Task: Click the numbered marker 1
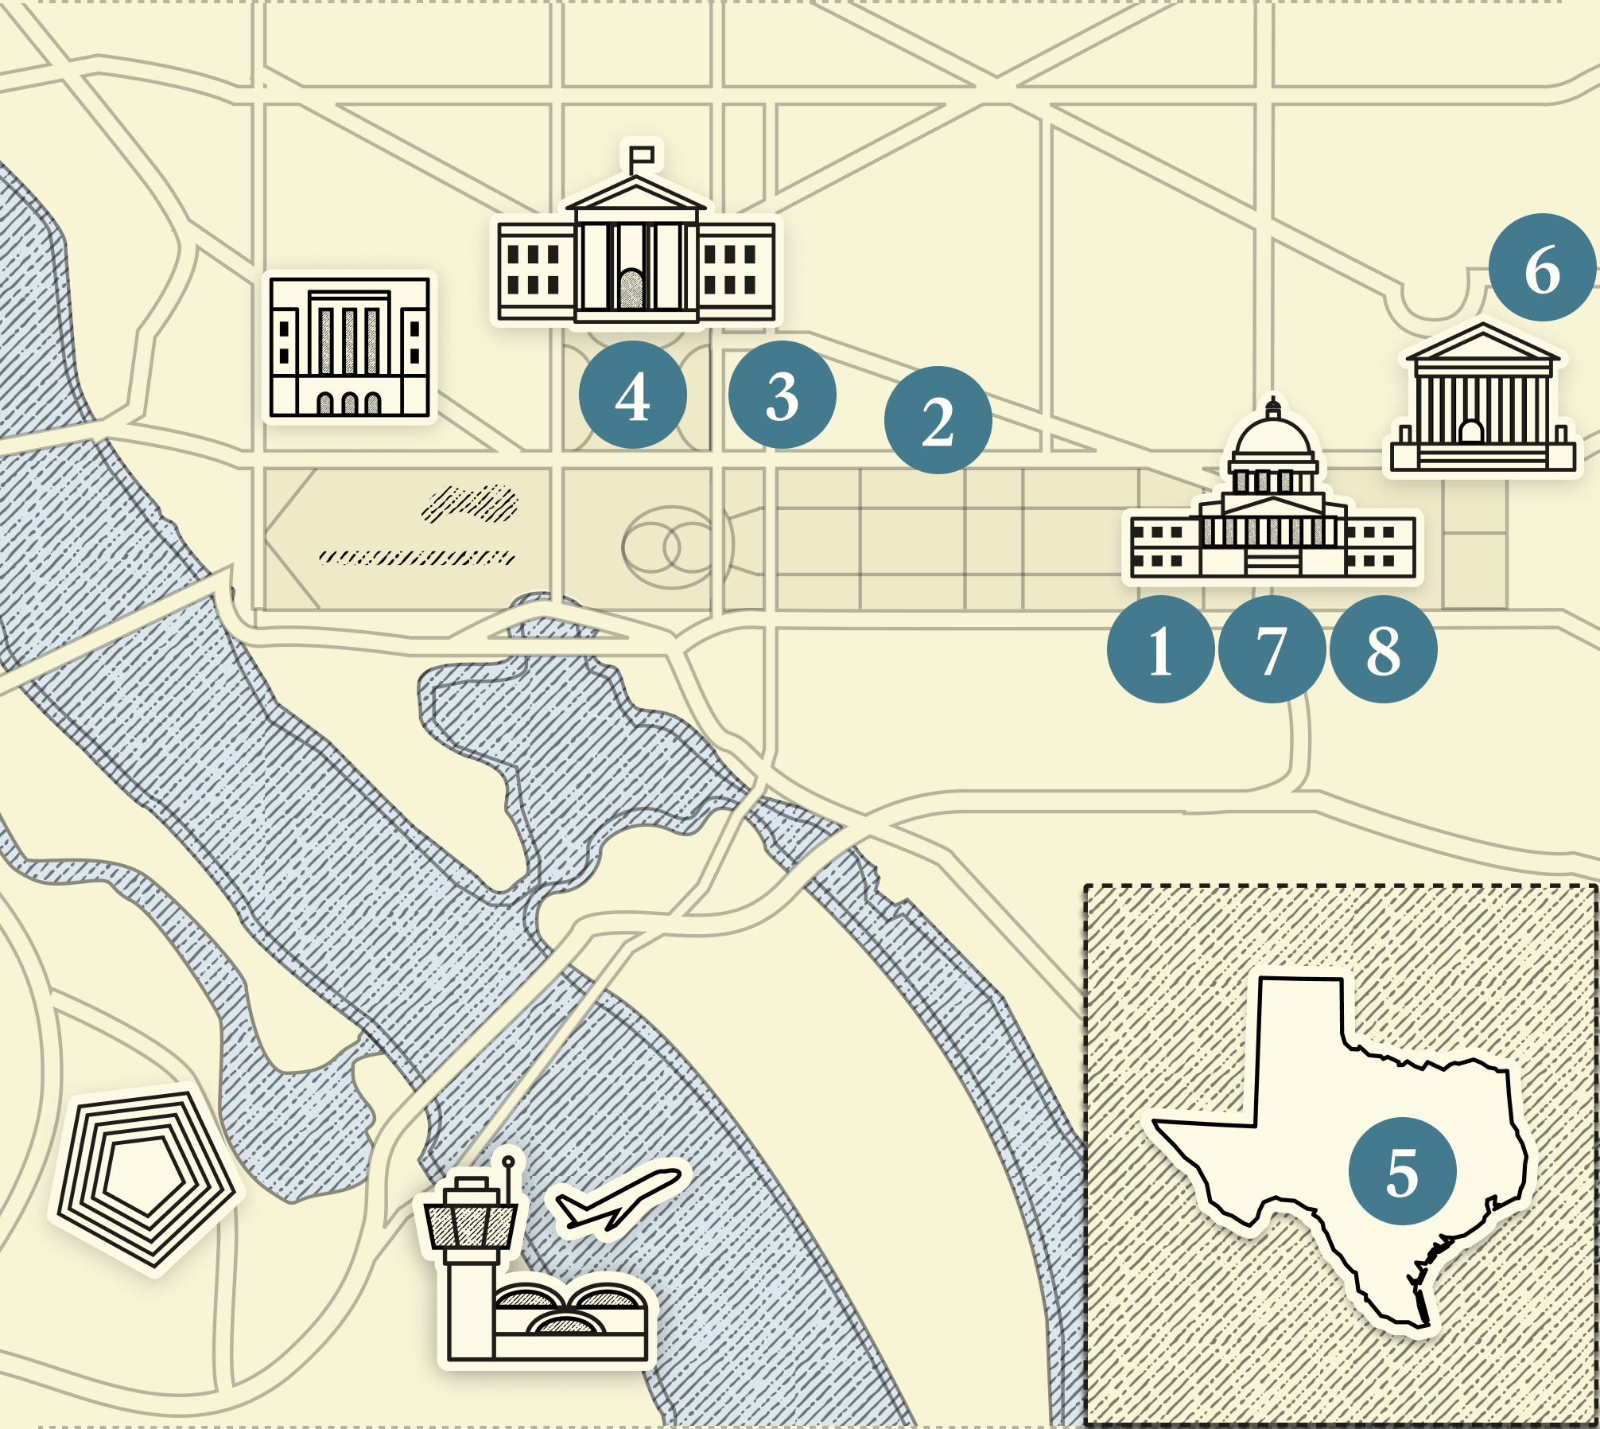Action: click(1160, 649)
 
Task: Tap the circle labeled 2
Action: click(938, 420)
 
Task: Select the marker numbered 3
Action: click(782, 395)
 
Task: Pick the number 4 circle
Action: click(632, 395)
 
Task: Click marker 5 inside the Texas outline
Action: click(1402, 1171)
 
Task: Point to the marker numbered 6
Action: click(1542, 267)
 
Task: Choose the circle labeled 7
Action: click(1272, 649)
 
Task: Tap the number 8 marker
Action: click(1383, 649)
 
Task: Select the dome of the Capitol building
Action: click(1272, 438)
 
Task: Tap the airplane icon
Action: click(617, 1198)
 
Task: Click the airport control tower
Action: click(471, 1241)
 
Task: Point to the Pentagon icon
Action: click(146, 1178)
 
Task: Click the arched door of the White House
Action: click(631, 288)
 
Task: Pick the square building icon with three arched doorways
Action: click(349, 347)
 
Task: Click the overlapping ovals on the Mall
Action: click(672, 547)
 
